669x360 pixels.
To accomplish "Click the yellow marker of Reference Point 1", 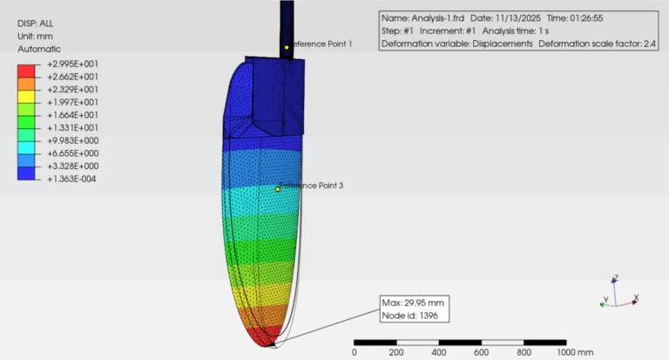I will coord(286,47).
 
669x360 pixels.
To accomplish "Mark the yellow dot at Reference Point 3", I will coord(278,189).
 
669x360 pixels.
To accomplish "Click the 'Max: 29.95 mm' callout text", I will coord(413,302).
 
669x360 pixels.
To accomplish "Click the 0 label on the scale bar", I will coord(354,352).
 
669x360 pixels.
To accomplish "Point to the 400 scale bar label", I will coord(438,352).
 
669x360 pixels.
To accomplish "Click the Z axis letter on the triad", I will coord(616,279).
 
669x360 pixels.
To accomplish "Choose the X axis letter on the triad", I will coord(637,297).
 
